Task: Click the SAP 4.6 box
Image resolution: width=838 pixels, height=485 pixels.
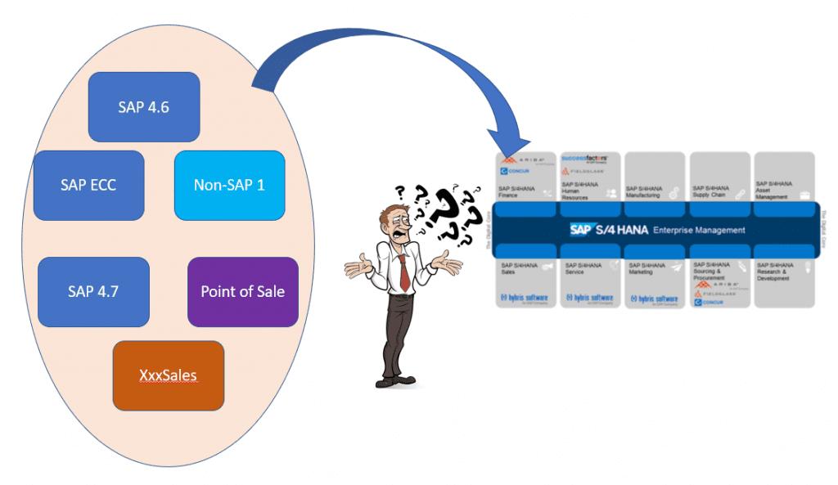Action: click(x=144, y=107)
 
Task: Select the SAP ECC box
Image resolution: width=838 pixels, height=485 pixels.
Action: click(x=88, y=185)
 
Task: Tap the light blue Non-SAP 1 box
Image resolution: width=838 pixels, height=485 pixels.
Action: click(x=229, y=185)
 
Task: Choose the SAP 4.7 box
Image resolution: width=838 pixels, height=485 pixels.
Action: click(x=93, y=291)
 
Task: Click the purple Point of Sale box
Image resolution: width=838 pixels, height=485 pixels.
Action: click(x=243, y=291)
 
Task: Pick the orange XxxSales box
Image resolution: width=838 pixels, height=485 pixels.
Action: click(x=168, y=375)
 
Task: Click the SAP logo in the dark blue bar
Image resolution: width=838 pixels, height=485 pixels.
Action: click(x=580, y=230)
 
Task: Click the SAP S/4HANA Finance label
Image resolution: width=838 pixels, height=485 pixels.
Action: click(x=517, y=191)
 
